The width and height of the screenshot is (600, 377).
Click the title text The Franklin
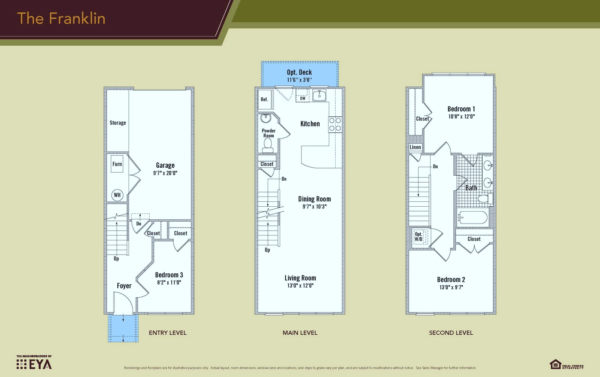pos(61,19)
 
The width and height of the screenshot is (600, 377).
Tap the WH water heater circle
pos(117,195)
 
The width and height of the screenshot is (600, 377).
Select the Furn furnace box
pos(117,164)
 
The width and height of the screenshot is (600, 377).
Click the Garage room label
pos(165,165)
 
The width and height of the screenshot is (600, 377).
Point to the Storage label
pos(118,123)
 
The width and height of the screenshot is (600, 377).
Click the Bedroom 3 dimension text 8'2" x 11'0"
pos(169,283)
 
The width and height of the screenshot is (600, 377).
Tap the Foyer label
pos(124,286)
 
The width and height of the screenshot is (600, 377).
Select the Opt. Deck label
pos(299,72)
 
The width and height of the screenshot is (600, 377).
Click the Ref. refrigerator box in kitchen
pos(265,99)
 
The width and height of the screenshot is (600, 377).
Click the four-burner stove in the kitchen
pos(335,124)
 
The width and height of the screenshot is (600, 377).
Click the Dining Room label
pos(314,199)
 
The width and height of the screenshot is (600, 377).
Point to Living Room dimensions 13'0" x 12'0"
pos(300,286)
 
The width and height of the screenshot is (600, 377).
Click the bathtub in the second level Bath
pos(472,218)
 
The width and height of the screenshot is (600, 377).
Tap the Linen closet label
pos(415,147)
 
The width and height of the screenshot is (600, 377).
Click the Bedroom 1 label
pos(461,109)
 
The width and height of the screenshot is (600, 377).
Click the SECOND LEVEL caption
pos(451,333)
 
